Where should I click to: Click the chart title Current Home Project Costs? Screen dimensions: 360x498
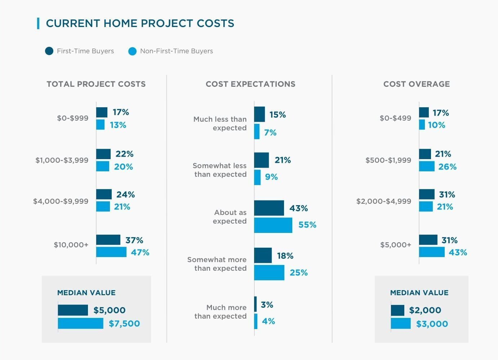pyautogui.click(x=140, y=23)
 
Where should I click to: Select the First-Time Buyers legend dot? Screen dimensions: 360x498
pyautogui.click(x=49, y=51)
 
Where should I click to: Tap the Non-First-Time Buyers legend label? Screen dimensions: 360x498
pyautogui.click(x=176, y=51)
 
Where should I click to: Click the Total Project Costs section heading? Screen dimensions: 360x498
pyautogui.click(x=96, y=84)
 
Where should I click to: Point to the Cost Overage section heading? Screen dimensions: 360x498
pyautogui.click(x=416, y=84)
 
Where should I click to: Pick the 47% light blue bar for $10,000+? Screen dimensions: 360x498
pyautogui.click(x=111, y=252)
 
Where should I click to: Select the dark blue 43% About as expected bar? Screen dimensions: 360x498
pyautogui.click(x=269, y=208)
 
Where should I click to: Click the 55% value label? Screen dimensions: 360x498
pyautogui.click(x=307, y=225)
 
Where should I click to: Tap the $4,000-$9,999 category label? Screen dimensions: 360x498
pyautogui.click(x=61, y=201)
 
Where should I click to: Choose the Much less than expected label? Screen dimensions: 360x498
pyautogui.click(x=220, y=123)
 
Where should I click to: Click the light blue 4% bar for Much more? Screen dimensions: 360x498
pyautogui.click(x=256, y=321)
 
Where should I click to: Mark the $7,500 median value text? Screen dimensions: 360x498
pyautogui.click(x=124, y=324)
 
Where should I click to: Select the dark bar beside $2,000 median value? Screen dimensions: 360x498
pyautogui.click(x=397, y=310)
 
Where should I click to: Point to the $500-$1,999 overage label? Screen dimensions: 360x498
pyautogui.click(x=388, y=160)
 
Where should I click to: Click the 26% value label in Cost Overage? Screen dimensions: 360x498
pyautogui.click(x=447, y=167)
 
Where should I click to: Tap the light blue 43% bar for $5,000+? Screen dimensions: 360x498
pyautogui.click(x=432, y=252)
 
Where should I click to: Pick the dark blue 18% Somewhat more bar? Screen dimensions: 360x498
pyautogui.click(x=263, y=256)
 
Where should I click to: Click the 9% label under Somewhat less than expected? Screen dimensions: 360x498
pyautogui.click(x=271, y=177)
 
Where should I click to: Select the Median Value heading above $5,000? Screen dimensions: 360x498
pyautogui.click(x=86, y=293)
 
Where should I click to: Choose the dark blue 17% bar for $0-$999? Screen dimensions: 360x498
pyautogui.click(x=102, y=112)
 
